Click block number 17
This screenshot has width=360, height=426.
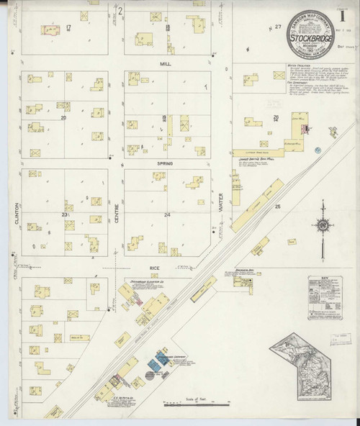pos(68,27)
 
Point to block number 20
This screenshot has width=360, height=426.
pos(63,117)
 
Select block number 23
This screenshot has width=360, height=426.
pos(64,214)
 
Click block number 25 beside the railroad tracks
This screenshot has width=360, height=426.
pos(277,207)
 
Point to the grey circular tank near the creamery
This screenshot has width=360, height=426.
pos(149,374)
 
